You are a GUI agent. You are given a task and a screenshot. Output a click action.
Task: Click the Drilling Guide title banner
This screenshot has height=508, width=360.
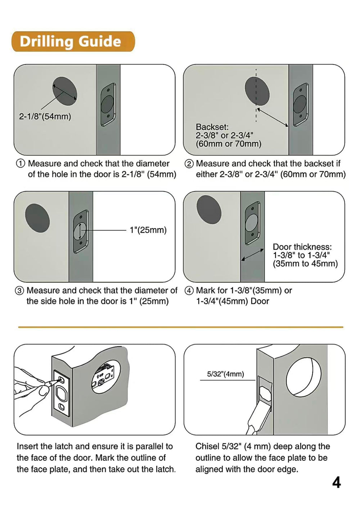coord(73,41)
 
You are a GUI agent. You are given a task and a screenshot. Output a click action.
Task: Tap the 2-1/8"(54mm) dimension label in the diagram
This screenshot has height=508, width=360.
coord(45,117)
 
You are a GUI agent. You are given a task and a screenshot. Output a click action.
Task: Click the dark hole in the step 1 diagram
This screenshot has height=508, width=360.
coord(65,92)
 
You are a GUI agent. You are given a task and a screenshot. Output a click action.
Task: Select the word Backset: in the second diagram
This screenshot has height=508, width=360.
coord(212,127)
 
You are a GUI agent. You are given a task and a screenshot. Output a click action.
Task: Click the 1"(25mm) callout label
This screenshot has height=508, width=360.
coord(148,230)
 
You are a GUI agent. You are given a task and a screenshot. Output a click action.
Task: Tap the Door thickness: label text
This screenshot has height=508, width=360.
coord(302,247)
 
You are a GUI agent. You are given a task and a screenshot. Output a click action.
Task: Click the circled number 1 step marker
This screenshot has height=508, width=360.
coord(21,164)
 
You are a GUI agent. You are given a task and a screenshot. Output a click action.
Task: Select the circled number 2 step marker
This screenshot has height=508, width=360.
coord(189,164)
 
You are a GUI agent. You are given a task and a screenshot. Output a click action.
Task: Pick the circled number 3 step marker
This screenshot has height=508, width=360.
coord(19,291)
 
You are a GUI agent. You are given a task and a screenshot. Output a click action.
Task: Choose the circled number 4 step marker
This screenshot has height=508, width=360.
coord(189,291)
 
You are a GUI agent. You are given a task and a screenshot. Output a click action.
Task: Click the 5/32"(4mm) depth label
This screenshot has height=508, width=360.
coord(225,374)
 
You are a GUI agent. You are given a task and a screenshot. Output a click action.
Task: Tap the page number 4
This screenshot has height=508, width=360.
coord(336,482)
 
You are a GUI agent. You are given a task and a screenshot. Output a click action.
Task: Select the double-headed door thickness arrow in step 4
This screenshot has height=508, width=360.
coord(252,255)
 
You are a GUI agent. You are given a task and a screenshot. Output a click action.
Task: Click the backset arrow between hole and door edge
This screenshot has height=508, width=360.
coord(273,117)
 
